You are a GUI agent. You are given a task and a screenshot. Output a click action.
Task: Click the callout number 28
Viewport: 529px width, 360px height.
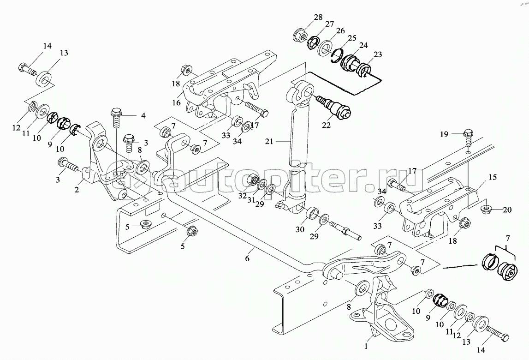[x=318, y=17]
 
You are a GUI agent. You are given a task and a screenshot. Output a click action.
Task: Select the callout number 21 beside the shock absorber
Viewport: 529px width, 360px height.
[x=269, y=142]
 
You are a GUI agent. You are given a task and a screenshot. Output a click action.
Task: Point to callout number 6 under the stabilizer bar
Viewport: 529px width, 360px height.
[x=247, y=258]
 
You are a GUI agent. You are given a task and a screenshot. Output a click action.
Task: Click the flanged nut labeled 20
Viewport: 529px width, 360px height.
[x=486, y=210]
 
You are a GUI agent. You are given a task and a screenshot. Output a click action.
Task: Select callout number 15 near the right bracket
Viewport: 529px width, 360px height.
[x=493, y=177]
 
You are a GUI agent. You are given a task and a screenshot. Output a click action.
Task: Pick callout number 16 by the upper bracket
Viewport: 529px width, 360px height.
[x=177, y=102]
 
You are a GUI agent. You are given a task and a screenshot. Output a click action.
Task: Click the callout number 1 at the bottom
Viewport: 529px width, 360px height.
[x=366, y=346]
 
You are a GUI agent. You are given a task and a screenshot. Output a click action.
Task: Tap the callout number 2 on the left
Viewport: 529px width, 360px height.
[x=77, y=190]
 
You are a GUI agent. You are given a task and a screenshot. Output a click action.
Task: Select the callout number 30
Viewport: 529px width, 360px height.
[x=300, y=230]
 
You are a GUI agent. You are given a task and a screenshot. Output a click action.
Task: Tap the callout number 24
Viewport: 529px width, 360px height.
[x=363, y=45]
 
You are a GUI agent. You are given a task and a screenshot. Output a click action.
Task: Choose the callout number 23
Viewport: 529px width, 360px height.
[x=378, y=54]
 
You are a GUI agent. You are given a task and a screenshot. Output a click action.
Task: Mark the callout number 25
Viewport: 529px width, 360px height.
[x=352, y=38]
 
